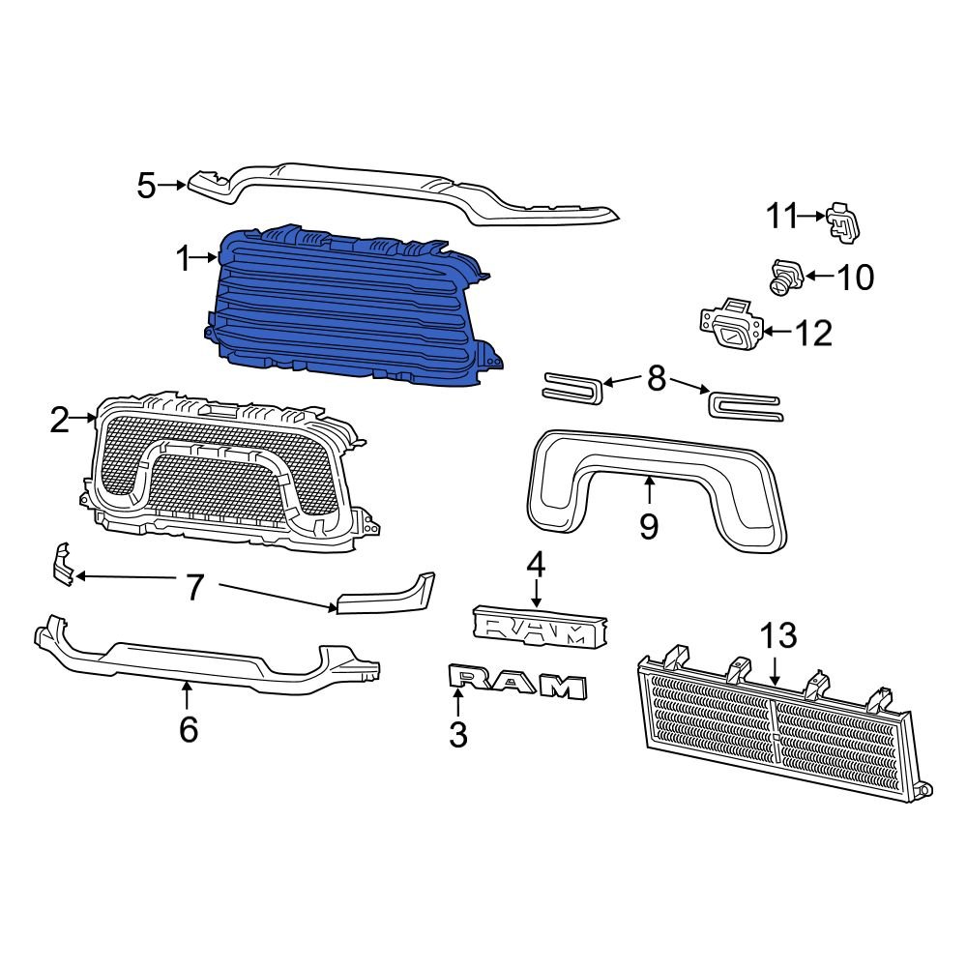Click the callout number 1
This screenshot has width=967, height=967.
pos(183,258)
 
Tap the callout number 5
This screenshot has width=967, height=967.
pos(146,184)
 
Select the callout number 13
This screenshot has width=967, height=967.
pos(777,635)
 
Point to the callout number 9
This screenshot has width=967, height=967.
pos(649,526)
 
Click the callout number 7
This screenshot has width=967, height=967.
pos(195,586)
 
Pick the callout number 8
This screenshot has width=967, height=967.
pos(657,379)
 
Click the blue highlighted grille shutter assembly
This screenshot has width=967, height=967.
pos(348,309)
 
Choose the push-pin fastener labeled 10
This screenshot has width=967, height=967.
pos(785,278)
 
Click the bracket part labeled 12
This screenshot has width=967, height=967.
pos(730,327)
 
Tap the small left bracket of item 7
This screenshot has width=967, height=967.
pos(62,564)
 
